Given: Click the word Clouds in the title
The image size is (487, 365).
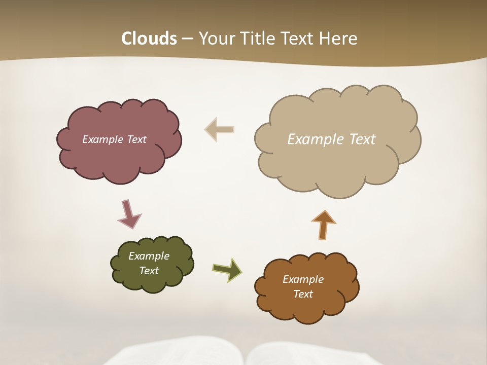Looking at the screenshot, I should point(149,39).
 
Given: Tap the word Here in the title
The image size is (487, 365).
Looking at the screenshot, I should point(339,39).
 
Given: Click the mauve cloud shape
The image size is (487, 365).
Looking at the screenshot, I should point(119,157).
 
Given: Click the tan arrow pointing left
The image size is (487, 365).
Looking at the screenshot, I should point(220,129).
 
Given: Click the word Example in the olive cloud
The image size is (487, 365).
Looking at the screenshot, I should point(149,256).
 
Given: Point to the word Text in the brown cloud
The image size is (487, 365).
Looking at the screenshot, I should point(303,294).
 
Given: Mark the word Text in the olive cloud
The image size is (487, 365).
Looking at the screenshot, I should point(149,271).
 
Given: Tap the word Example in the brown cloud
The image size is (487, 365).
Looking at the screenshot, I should point(303,279).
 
